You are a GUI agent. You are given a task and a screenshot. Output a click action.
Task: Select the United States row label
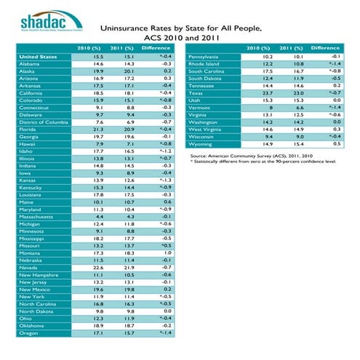click(39, 56)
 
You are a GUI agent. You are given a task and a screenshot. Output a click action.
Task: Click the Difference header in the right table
click(325, 47)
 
